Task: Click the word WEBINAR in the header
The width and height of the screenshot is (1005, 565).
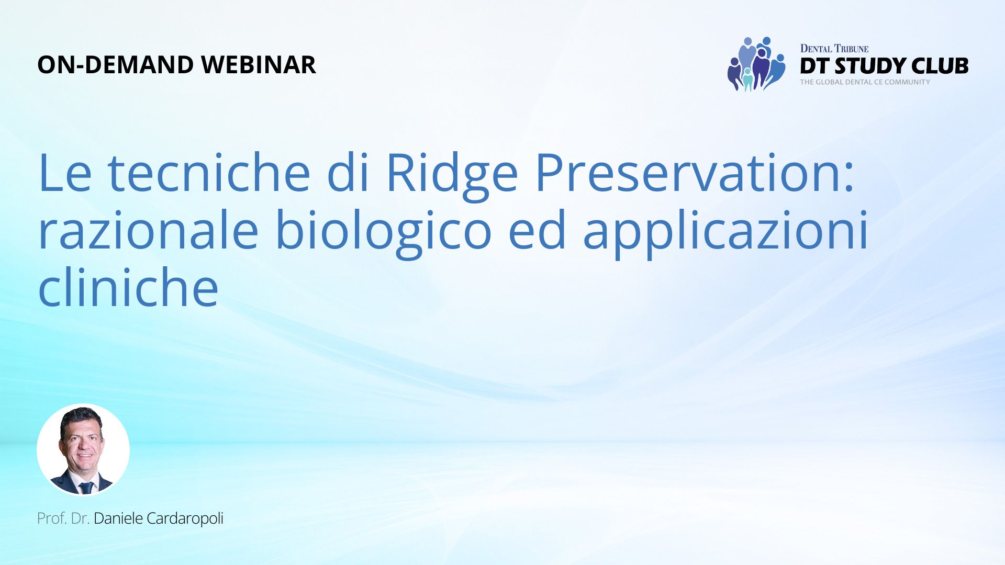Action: click(259, 65)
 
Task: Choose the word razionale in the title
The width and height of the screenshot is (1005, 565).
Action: click(149, 230)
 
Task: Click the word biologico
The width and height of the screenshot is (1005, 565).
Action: click(384, 233)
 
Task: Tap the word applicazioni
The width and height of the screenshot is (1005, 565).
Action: click(725, 233)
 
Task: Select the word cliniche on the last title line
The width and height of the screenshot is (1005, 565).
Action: click(128, 286)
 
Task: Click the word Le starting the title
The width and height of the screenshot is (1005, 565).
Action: click(65, 173)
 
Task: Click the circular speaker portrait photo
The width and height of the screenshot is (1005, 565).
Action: click(83, 450)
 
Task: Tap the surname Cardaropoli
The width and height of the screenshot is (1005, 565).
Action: click(185, 518)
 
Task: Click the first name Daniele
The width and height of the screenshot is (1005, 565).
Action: click(118, 518)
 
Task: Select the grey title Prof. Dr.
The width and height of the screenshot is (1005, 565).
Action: click(63, 518)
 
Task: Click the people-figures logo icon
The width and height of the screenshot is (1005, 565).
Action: click(756, 64)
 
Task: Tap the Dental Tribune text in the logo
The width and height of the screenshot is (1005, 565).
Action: click(834, 49)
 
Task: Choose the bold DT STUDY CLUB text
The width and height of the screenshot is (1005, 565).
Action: click(884, 66)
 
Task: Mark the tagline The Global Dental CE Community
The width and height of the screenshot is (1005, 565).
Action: click(865, 82)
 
